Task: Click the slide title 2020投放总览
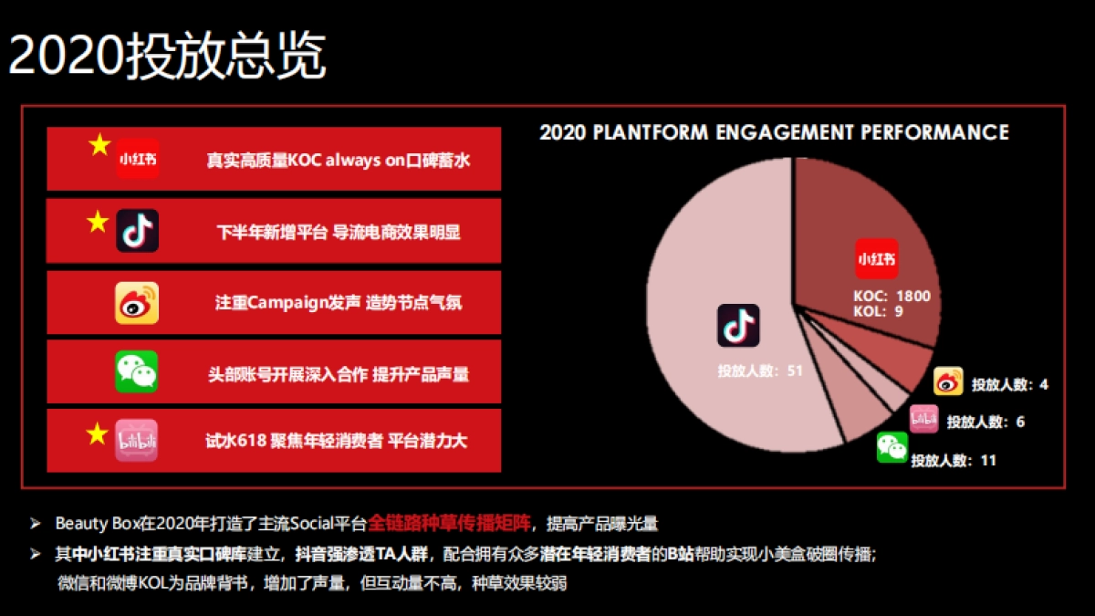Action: (167, 57)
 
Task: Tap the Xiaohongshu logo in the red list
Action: (137, 159)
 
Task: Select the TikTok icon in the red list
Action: (137, 230)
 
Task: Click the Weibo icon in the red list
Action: (137, 302)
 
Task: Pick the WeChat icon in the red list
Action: (137, 372)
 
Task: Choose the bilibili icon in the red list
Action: (137, 442)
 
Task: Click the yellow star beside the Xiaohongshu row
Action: (99, 145)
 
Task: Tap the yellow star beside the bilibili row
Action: (98, 434)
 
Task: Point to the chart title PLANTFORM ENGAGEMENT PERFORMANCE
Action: (774, 132)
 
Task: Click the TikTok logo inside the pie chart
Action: (738, 326)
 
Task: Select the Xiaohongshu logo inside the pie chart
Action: (876, 259)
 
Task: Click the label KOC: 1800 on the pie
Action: (892, 296)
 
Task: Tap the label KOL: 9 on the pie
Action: (878, 311)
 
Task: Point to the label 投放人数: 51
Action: (759, 371)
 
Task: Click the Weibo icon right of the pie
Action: (948, 381)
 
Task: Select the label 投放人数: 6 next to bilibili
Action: (985, 423)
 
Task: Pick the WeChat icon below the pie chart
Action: (892, 447)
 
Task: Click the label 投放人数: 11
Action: (953, 461)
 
